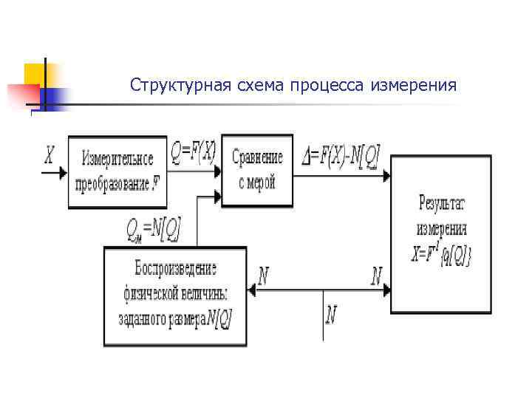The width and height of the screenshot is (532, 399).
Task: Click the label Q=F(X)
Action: coord(193,153)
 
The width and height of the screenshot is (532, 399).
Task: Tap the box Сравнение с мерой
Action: coord(256,171)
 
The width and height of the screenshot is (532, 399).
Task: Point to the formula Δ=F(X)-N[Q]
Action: coord(341,155)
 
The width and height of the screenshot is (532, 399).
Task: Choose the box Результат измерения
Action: coord(441,233)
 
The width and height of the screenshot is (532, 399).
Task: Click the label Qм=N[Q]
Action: coord(154,228)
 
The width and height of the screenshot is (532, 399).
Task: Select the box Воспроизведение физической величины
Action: coord(176,296)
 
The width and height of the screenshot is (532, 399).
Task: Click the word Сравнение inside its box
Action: coord(257,157)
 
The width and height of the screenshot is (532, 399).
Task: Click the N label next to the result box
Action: coord(376,277)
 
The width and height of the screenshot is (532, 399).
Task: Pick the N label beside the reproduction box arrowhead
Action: coord(263,277)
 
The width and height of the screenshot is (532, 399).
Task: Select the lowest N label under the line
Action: coord(331,316)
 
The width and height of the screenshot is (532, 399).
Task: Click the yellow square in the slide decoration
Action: coord(36,75)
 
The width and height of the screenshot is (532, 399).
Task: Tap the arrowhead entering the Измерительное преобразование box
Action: coord(63,173)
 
